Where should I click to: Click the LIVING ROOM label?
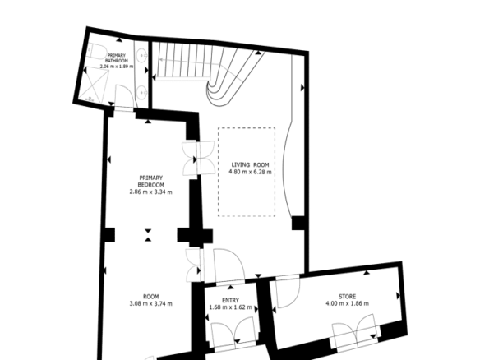click(250, 164)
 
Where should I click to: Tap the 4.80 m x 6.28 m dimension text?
click(250, 172)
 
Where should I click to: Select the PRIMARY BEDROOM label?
click(150, 181)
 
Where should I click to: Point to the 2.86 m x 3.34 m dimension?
click(150, 192)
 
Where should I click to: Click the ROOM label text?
click(151, 297)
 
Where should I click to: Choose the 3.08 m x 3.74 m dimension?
click(150, 303)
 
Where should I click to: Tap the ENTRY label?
click(230, 300)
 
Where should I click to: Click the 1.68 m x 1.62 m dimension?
click(230, 307)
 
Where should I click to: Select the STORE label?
click(347, 297)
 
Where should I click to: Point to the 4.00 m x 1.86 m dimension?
click(347, 303)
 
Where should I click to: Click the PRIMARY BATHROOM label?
click(117, 58)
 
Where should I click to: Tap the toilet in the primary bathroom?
click(97, 51)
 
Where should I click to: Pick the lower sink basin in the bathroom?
click(142, 92)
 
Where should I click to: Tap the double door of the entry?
click(234, 333)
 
